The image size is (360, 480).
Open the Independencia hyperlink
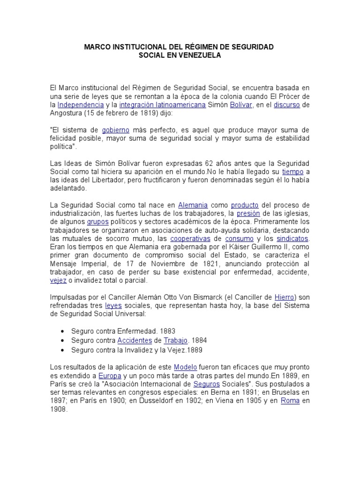[x=81, y=105]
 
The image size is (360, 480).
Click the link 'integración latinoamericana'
[x=162, y=105]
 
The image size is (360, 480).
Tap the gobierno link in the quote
[x=115, y=130]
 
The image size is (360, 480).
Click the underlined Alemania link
[x=193, y=205]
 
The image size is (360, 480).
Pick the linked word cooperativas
[x=189, y=239]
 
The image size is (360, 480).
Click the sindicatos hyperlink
[x=292, y=239]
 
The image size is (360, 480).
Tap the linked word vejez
[x=58, y=280]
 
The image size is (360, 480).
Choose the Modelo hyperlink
[x=185, y=367]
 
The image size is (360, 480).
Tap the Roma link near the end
[x=290, y=401]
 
